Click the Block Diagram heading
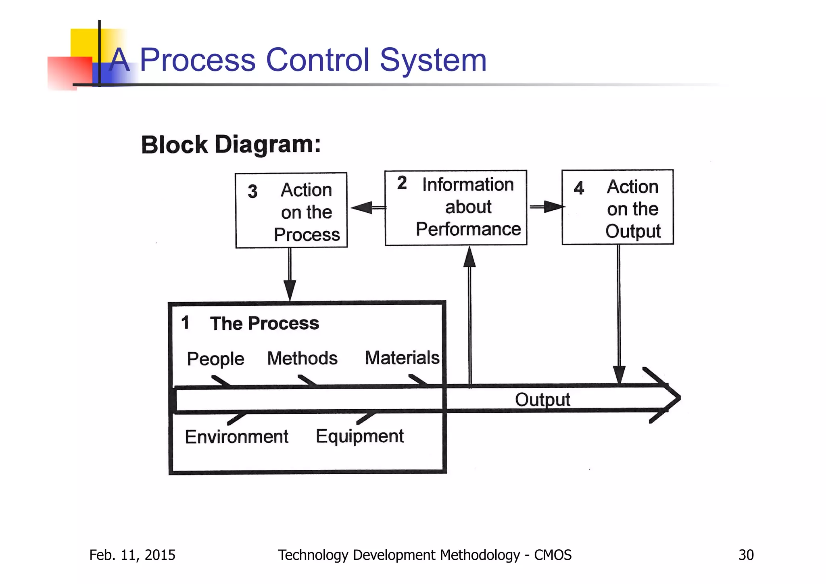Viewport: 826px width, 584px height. pos(231,144)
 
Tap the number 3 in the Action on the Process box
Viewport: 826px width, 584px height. pos(252,191)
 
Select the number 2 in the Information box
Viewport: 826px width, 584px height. pos(402,183)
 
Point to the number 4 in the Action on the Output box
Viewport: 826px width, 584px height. pos(579,188)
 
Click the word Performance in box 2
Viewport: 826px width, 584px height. pos(468,229)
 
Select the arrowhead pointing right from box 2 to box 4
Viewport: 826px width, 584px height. pos(553,207)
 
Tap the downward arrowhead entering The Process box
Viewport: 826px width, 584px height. pos(290,290)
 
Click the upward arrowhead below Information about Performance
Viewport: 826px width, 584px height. pos(469,257)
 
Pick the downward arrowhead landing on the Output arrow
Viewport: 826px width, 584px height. pos(619,374)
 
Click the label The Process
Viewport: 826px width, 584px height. pos(264,323)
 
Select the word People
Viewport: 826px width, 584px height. pos(215,359)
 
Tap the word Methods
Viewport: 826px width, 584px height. pos(302,358)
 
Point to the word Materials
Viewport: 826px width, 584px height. pos(402,358)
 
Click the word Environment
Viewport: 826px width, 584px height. pos(236,437)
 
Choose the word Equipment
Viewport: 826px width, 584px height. pos(359,436)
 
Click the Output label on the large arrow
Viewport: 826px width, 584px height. pos(542,400)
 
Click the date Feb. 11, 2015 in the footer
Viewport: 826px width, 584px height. pos(132,555)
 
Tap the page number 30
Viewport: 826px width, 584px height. pos(746,555)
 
